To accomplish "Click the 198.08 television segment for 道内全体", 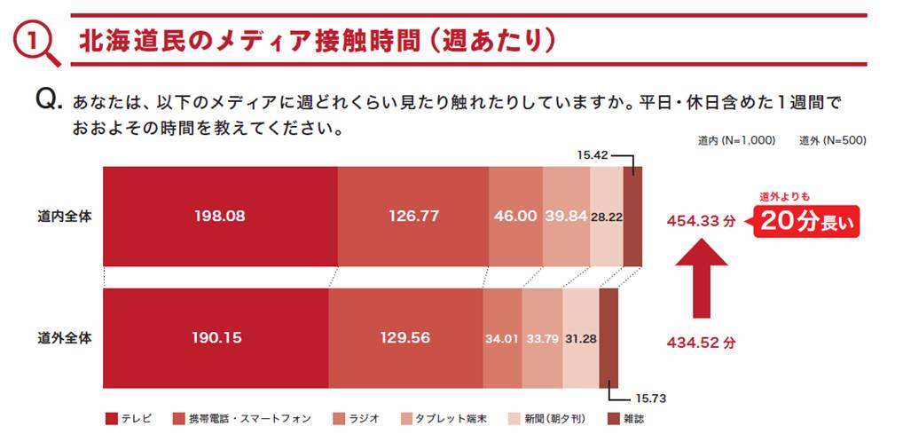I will click(x=220, y=216).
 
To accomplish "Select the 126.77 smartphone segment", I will click(x=412, y=216).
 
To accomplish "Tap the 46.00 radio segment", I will click(x=515, y=216).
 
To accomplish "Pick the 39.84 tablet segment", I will click(x=566, y=216).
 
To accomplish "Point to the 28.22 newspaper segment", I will click(x=607, y=216).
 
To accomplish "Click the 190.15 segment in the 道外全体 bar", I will click(x=216, y=338).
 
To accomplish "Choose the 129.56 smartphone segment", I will click(x=405, y=338).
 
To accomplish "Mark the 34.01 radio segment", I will click(x=502, y=338).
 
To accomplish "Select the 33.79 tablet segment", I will click(x=542, y=338).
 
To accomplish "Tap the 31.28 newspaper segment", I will click(x=581, y=338).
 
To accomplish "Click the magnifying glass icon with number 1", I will click(x=37, y=43).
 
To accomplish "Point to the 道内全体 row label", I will click(x=65, y=216).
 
